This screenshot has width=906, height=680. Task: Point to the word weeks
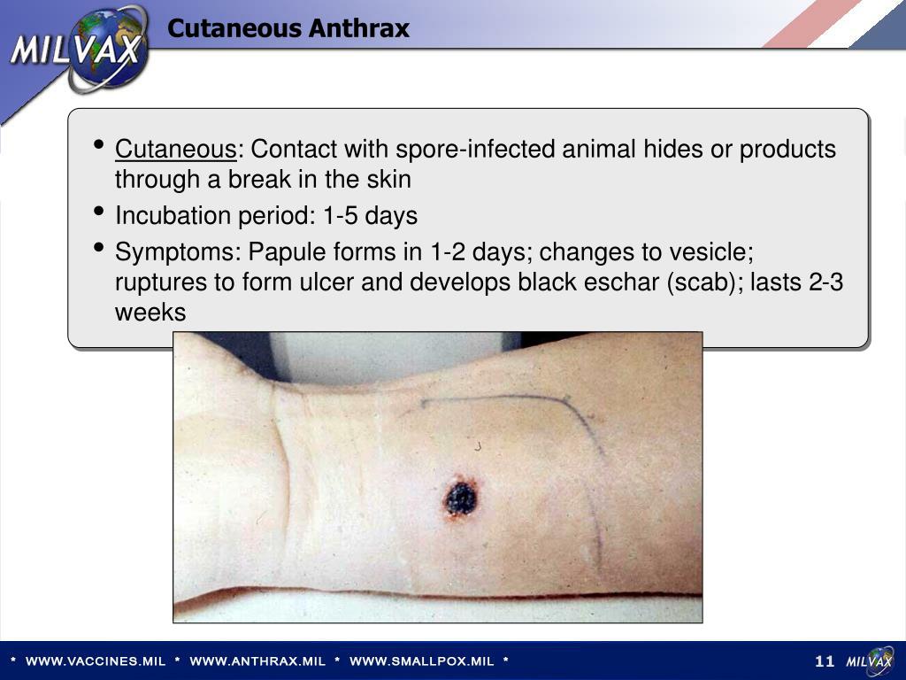click(150, 313)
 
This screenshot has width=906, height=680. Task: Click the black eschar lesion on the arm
click(460, 498)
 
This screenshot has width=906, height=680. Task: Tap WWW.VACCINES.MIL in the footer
click(96, 661)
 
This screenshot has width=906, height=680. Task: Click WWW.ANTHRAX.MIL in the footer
click(257, 661)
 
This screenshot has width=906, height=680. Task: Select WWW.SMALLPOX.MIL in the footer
click(421, 661)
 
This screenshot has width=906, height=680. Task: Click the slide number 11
click(825, 661)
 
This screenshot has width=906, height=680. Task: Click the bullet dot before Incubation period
click(100, 212)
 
